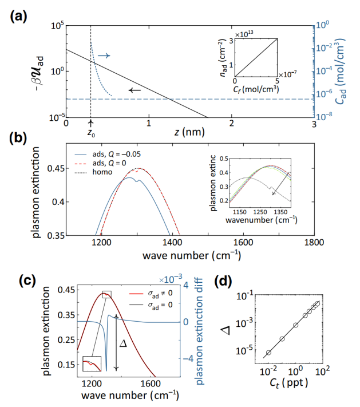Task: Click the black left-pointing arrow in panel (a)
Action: click(135, 90)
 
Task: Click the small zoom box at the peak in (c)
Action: click(107, 294)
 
